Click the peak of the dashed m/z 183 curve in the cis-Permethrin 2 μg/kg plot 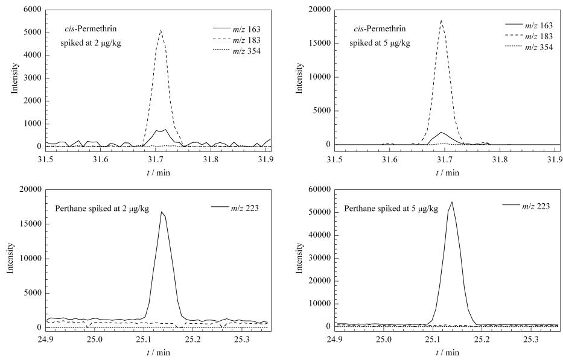click(161, 30)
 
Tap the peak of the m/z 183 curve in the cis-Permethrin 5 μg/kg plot click(441, 21)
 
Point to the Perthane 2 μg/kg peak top click(161, 212)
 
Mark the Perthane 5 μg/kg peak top click(452, 202)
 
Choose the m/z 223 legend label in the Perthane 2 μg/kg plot click(245, 208)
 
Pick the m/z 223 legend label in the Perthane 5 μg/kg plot click(536, 206)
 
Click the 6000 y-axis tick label click(33, 9)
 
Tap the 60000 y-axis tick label click(319, 189)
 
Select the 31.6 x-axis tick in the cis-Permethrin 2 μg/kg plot click(101, 159)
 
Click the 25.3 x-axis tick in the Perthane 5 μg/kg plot click(530, 339)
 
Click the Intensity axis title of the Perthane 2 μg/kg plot click(10, 259)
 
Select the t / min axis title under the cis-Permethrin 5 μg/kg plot click(447, 173)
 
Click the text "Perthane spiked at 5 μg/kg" click(391, 209)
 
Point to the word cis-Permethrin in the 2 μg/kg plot click(88, 29)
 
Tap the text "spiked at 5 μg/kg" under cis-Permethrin click(380, 43)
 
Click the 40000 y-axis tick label click(319, 235)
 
